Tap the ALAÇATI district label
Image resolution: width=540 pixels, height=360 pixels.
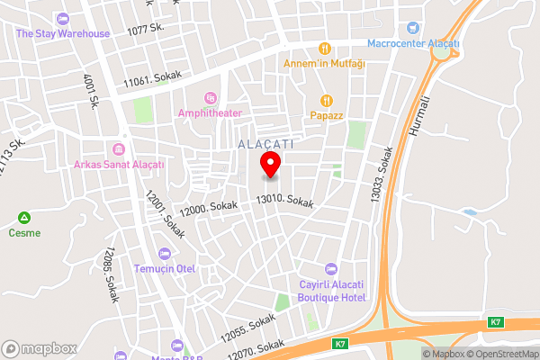point(267,143)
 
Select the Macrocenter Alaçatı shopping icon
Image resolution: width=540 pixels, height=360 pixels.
point(413,29)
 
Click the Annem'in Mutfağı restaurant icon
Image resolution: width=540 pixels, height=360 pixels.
point(325,48)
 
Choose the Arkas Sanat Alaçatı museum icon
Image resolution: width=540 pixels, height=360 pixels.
point(118,148)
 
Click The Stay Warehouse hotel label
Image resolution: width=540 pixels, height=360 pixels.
point(63,33)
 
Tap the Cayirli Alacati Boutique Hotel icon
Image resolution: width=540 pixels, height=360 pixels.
point(330,268)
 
